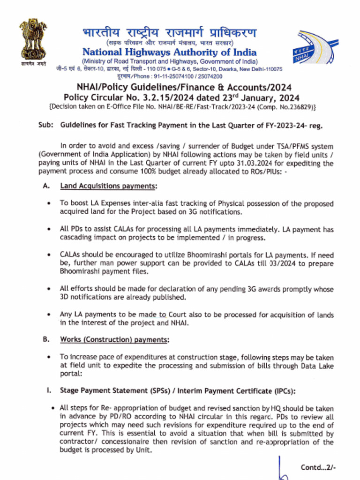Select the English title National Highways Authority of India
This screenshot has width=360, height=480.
(x=169, y=52)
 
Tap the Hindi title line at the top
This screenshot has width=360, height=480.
(x=170, y=34)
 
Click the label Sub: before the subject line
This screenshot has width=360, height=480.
(x=45, y=126)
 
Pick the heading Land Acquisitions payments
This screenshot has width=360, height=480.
(x=108, y=186)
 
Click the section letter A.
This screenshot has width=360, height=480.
(x=46, y=186)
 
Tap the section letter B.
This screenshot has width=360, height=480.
(x=46, y=339)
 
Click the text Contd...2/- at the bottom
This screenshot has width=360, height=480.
(x=318, y=467)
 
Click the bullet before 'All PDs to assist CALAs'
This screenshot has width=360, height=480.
(x=49, y=230)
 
